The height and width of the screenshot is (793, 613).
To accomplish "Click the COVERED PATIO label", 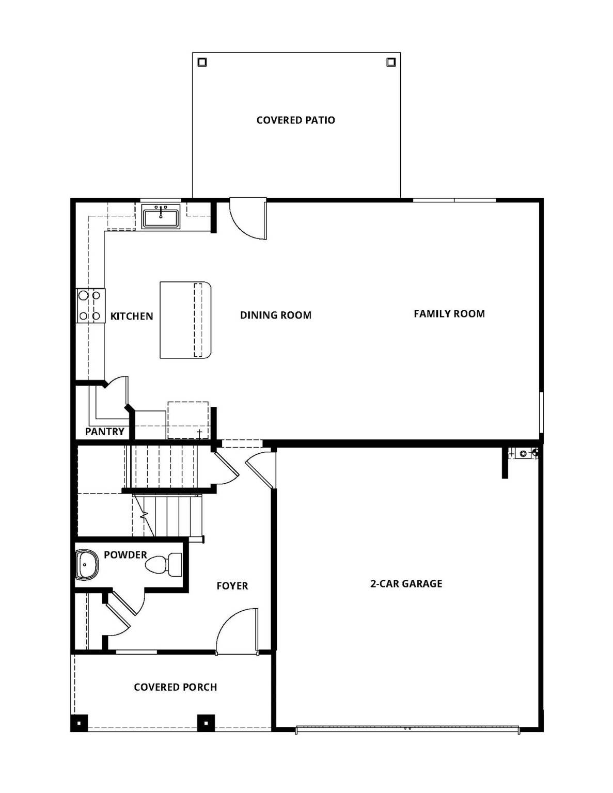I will click(295, 120).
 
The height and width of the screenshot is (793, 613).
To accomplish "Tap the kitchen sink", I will click(161, 216).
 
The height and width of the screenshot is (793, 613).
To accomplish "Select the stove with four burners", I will click(90, 306).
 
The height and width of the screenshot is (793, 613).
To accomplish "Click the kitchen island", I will click(185, 320).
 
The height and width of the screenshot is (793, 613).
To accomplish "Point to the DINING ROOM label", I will click(275, 315).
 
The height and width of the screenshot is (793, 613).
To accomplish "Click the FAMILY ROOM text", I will click(449, 313).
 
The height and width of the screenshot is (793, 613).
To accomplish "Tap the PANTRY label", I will click(104, 432).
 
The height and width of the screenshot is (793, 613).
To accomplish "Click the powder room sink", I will click(86, 565).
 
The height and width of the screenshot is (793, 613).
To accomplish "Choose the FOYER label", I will click(232, 586).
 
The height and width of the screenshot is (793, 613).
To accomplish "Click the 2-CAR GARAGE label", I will click(406, 584).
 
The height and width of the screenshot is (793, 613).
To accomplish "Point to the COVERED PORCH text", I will click(175, 687).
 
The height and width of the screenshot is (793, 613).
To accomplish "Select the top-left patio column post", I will click(202, 62).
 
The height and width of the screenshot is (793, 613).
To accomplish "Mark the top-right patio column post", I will click(391, 62).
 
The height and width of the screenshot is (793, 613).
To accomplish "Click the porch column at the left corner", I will click(79, 723).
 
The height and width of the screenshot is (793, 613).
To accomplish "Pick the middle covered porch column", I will click(206, 723).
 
